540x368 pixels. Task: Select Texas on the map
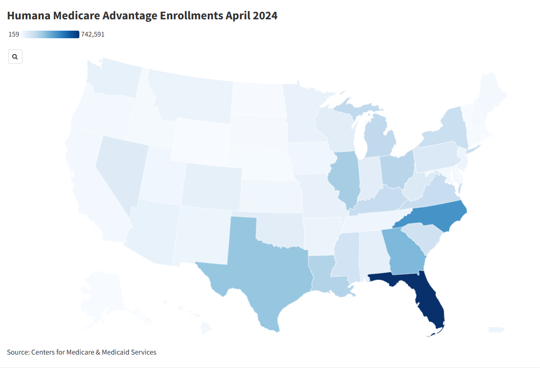click(x=265, y=269)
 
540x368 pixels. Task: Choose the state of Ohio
click(x=397, y=170)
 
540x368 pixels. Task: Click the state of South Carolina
click(x=422, y=237)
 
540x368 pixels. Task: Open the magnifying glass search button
click(x=15, y=57)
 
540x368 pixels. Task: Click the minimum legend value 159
click(x=13, y=34)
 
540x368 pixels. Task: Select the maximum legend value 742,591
click(x=93, y=34)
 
